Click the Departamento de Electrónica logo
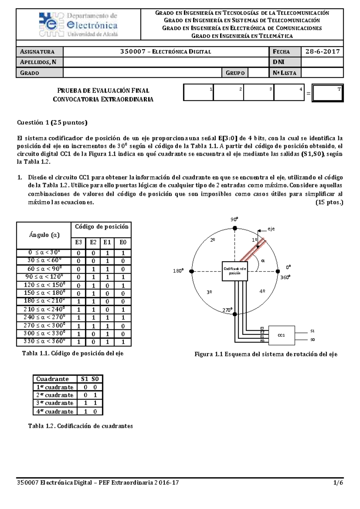(x=79, y=25)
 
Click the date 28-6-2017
(x=322, y=52)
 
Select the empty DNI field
(x=322, y=62)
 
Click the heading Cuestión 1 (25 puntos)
(x=52, y=122)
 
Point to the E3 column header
(x=78, y=242)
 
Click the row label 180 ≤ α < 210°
(x=44, y=301)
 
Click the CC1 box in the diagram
(x=281, y=335)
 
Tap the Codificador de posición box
(x=235, y=271)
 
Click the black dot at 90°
(x=235, y=228)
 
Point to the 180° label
(x=178, y=271)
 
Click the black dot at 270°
(x=235, y=314)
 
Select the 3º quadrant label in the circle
(x=209, y=292)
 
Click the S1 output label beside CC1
(x=312, y=331)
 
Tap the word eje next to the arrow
(x=271, y=229)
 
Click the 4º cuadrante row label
(x=55, y=411)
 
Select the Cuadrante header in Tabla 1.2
(x=52, y=379)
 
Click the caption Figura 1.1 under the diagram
(x=266, y=354)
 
